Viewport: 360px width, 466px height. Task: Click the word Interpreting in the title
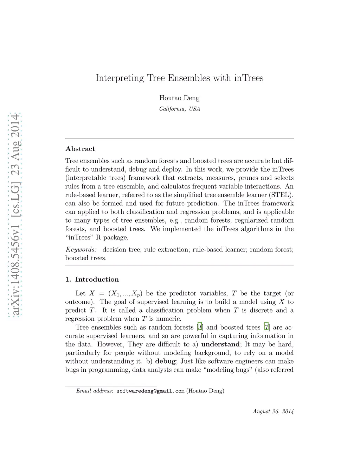(x=120, y=78)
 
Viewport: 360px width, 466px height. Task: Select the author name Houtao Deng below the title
(x=179, y=98)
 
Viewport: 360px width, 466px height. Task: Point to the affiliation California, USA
(x=180, y=109)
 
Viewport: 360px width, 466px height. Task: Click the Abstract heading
(x=80, y=149)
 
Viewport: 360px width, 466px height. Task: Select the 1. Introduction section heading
(x=92, y=280)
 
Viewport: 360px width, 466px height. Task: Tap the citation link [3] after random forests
(x=200, y=327)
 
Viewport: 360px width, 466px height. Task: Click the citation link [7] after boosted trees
(x=266, y=327)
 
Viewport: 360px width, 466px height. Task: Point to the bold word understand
(x=220, y=344)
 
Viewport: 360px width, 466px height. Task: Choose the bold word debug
(x=165, y=361)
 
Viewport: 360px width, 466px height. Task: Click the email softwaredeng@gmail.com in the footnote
(x=150, y=391)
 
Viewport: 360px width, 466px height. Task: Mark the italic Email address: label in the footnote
(x=95, y=391)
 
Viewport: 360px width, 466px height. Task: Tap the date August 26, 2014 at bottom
(x=273, y=411)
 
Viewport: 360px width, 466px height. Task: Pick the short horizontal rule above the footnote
(x=111, y=386)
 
